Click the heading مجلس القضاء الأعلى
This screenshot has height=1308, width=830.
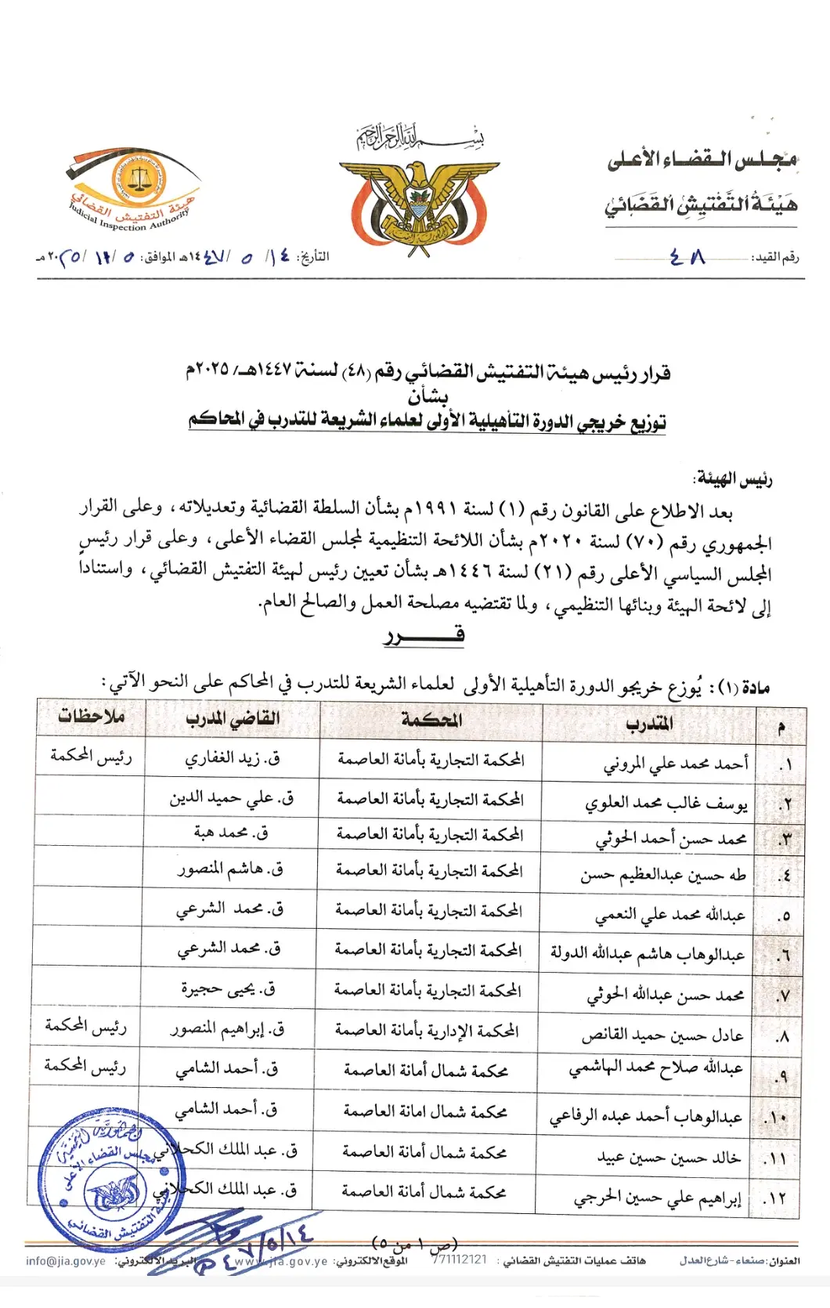[x=702, y=160]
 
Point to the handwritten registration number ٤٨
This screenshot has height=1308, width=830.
[x=688, y=257]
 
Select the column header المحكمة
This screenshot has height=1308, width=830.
[x=431, y=720]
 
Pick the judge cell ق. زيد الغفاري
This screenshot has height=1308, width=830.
[x=233, y=758]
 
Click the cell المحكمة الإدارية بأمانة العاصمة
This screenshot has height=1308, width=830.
[x=427, y=1031]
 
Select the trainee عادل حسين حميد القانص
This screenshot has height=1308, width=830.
[x=662, y=1035]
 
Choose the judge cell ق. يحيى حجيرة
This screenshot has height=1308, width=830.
[x=228, y=989]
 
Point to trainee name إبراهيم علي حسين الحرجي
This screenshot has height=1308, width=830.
[x=657, y=1198]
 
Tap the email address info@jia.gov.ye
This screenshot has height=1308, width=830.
[x=66, y=1261]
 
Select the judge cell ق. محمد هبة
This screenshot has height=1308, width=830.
[x=231, y=833]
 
